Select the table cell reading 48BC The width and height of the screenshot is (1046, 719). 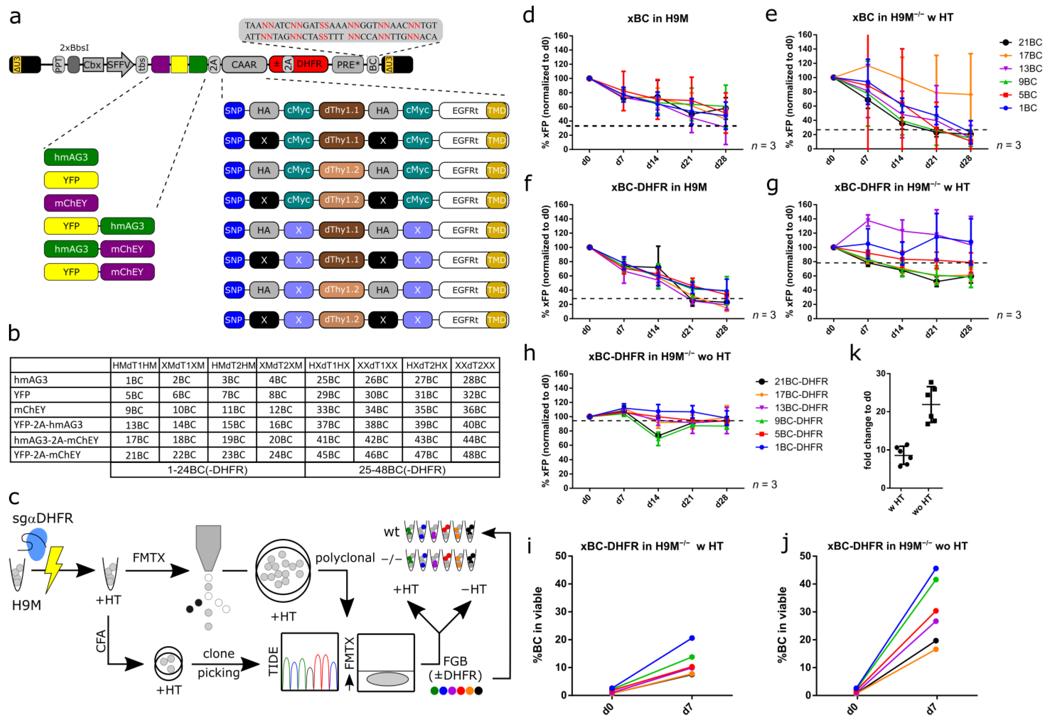pos(474,455)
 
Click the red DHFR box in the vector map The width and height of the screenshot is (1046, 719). pos(309,64)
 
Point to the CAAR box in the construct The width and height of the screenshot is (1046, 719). pos(244,64)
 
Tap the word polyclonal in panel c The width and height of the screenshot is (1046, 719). pos(345,558)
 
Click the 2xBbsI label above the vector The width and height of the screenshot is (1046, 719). pos(74,47)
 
